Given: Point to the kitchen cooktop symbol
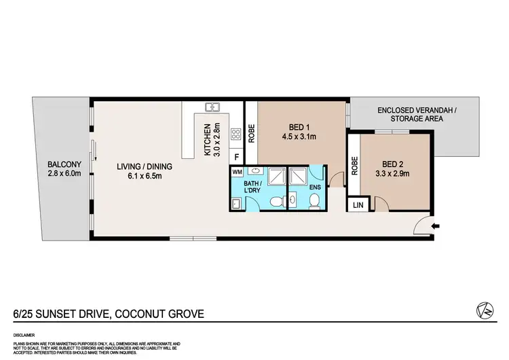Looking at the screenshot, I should pyautogui.click(x=236, y=134).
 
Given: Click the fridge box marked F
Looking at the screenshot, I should pyautogui.click(x=236, y=157).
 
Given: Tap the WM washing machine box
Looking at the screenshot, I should pyautogui.click(x=237, y=173).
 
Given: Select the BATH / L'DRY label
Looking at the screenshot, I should pyautogui.click(x=254, y=187).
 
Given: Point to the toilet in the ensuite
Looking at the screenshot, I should pyautogui.click(x=315, y=200).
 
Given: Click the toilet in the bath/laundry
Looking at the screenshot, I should pyautogui.click(x=276, y=202).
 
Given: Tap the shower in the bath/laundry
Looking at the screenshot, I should pyautogui.click(x=274, y=175).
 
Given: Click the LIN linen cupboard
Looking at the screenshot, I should pyautogui.click(x=356, y=204).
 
